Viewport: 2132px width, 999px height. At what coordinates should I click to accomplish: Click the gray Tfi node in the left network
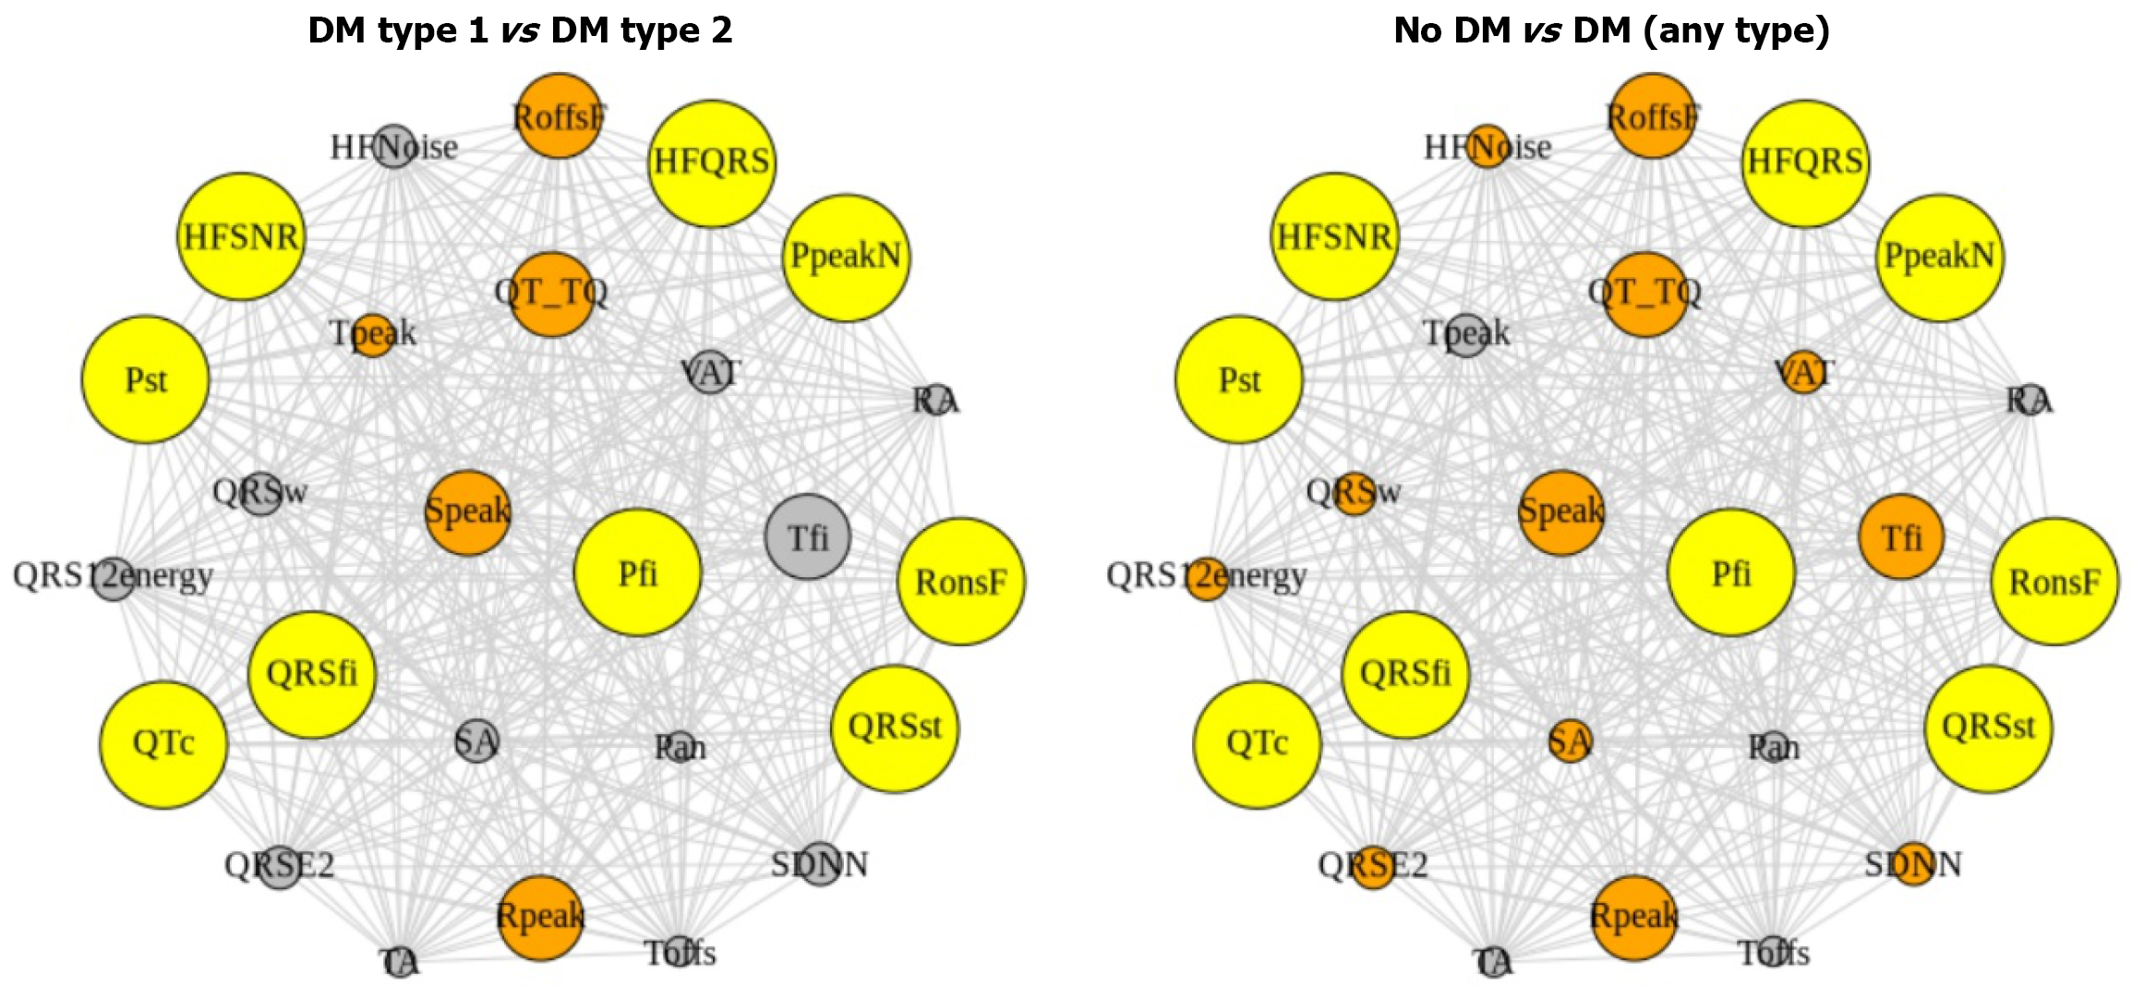808,536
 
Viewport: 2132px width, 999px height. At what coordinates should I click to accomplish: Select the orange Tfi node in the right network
1901,536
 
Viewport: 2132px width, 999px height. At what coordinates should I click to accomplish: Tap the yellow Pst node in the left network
146,379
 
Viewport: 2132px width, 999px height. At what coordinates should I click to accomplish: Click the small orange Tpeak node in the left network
373,335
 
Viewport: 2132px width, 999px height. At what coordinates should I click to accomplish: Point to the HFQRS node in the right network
1805,163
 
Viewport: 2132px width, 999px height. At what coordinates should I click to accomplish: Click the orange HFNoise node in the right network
1488,146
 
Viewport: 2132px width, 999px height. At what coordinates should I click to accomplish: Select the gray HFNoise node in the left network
394,146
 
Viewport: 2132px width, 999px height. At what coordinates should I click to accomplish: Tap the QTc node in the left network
163,744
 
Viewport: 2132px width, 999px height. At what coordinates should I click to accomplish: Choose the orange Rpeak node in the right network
1633,918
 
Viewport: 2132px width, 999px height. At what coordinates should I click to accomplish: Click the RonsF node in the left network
961,582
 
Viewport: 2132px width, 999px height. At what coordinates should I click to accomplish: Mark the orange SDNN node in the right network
1914,864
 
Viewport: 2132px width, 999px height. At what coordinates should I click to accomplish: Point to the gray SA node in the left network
477,740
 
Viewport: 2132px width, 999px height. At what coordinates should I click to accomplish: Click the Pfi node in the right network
1731,572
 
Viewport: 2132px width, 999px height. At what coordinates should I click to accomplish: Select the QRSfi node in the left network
312,674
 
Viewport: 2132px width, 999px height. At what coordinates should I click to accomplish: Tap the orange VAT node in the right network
1803,372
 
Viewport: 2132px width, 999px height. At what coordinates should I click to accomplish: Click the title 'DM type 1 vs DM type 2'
520,30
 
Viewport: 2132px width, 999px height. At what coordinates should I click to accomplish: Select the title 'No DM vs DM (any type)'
1611,30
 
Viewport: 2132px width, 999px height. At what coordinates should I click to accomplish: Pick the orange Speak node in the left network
468,512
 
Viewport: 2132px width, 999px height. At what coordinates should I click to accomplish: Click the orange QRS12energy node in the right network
1207,579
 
